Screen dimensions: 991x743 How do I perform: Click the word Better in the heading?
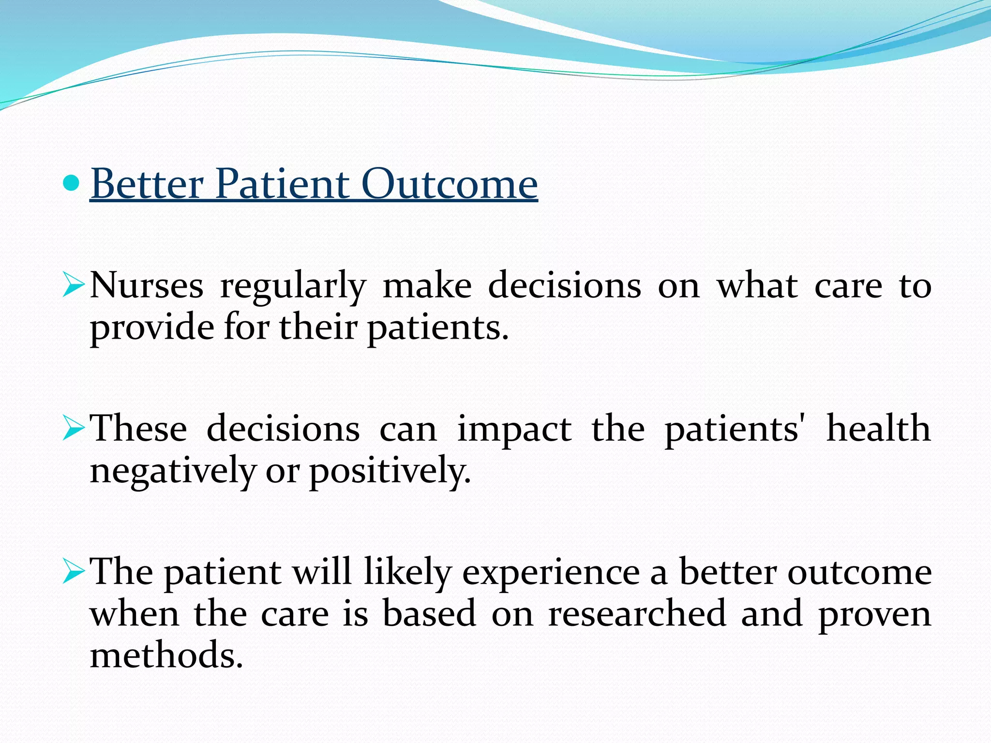coord(147,184)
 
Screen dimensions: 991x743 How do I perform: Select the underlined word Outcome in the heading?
coord(450,184)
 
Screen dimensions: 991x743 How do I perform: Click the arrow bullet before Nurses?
coord(74,284)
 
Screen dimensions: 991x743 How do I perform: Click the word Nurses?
coord(147,285)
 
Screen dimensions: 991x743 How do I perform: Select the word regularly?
coord(293,287)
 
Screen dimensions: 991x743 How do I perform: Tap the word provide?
coord(152,329)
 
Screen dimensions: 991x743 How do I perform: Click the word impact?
coord(514,431)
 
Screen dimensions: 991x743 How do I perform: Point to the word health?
coord(878,428)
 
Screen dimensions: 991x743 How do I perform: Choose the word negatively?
coord(173,471)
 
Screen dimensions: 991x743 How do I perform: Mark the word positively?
coord(390,472)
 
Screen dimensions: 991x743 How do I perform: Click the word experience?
coord(551,573)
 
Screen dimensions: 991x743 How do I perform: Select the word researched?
coord(637,613)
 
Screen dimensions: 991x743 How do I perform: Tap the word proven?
coord(874,615)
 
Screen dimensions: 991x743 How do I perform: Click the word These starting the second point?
coord(139,428)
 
